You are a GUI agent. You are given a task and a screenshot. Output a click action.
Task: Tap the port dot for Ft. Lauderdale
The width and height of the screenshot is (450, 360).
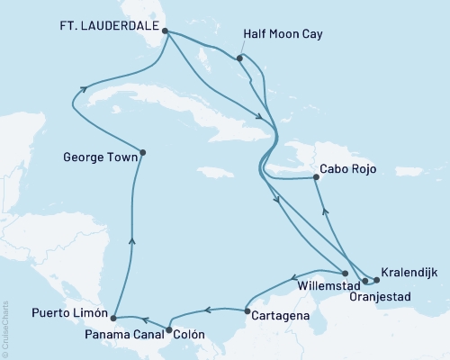coord(165,29)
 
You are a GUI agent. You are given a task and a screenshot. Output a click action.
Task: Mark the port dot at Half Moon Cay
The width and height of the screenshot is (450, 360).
coord(239,59)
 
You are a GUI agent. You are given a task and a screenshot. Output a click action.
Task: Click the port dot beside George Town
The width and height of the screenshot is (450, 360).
coord(143,152)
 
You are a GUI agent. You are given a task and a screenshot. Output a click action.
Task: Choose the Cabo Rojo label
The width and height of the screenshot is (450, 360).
coord(347,168)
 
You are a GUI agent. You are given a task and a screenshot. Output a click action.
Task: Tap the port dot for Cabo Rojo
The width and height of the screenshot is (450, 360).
coord(316,178)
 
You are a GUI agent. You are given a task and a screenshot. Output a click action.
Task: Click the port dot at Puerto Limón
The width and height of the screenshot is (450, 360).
coord(112,318)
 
